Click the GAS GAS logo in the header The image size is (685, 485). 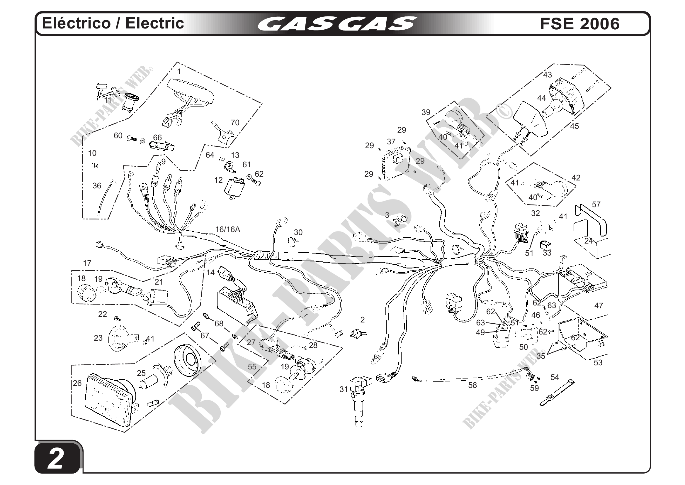coord(337,24)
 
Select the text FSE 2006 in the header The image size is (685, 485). coord(579,24)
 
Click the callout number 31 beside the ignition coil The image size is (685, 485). coord(344,389)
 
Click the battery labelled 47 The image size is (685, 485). coord(585,296)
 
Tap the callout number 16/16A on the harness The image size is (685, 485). coord(228,229)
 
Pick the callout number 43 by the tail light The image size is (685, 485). coord(547,75)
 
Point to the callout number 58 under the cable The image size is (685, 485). coord(472,385)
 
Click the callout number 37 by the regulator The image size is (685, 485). coord(391,141)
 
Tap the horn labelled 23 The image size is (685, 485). coord(121,337)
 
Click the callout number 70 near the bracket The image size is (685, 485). coord(235,123)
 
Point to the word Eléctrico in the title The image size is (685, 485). coord(77,23)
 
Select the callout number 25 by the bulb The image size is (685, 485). coord(141,373)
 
